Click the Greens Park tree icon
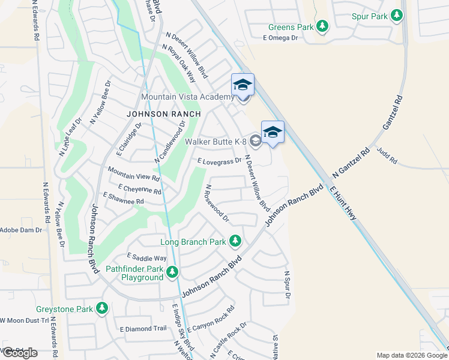[x=323, y=26]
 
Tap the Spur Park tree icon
[x=396, y=16]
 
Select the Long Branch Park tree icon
[x=235, y=242]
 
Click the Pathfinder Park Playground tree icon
[x=173, y=273]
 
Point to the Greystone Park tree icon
[x=103, y=309]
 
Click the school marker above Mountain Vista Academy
[x=243, y=85]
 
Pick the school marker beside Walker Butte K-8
[x=273, y=133]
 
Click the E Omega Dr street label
[x=280, y=38]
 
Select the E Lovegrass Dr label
[x=219, y=161]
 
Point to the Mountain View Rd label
[x=133, y=174]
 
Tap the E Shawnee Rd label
[x=124, y=199]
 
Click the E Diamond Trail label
[x=143, y=328]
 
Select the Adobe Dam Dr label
[x=21, y=229]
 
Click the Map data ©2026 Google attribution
[x=411, y=355]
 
